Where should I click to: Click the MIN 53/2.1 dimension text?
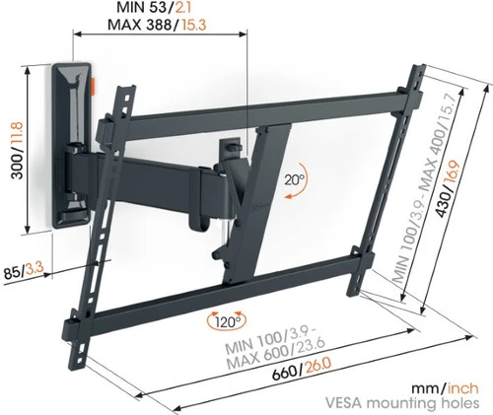coord(154,8)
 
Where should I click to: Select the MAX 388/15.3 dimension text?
coord(157,24)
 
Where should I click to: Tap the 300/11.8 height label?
coord(17,150)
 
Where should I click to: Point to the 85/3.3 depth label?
coord(24,272)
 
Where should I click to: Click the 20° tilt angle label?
coord(295,179)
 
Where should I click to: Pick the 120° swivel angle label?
coord(228,321)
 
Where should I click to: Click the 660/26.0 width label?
coord(302,370)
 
